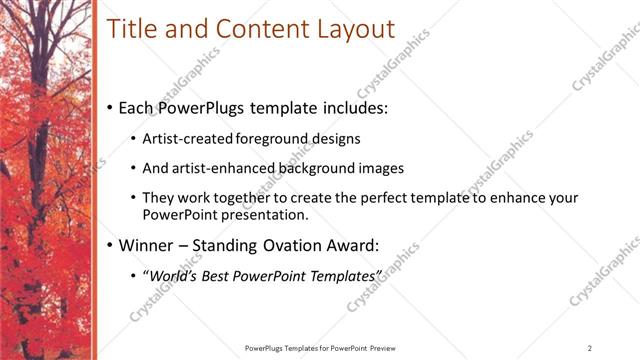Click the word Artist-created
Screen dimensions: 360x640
click(x=189, y=138)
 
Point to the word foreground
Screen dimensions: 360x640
click(x=277, y=138)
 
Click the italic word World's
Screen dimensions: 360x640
click(x=177, y=275)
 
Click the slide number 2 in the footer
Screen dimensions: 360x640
click(x=590, y=348)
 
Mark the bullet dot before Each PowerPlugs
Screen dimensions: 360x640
click(x=109, y=107)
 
